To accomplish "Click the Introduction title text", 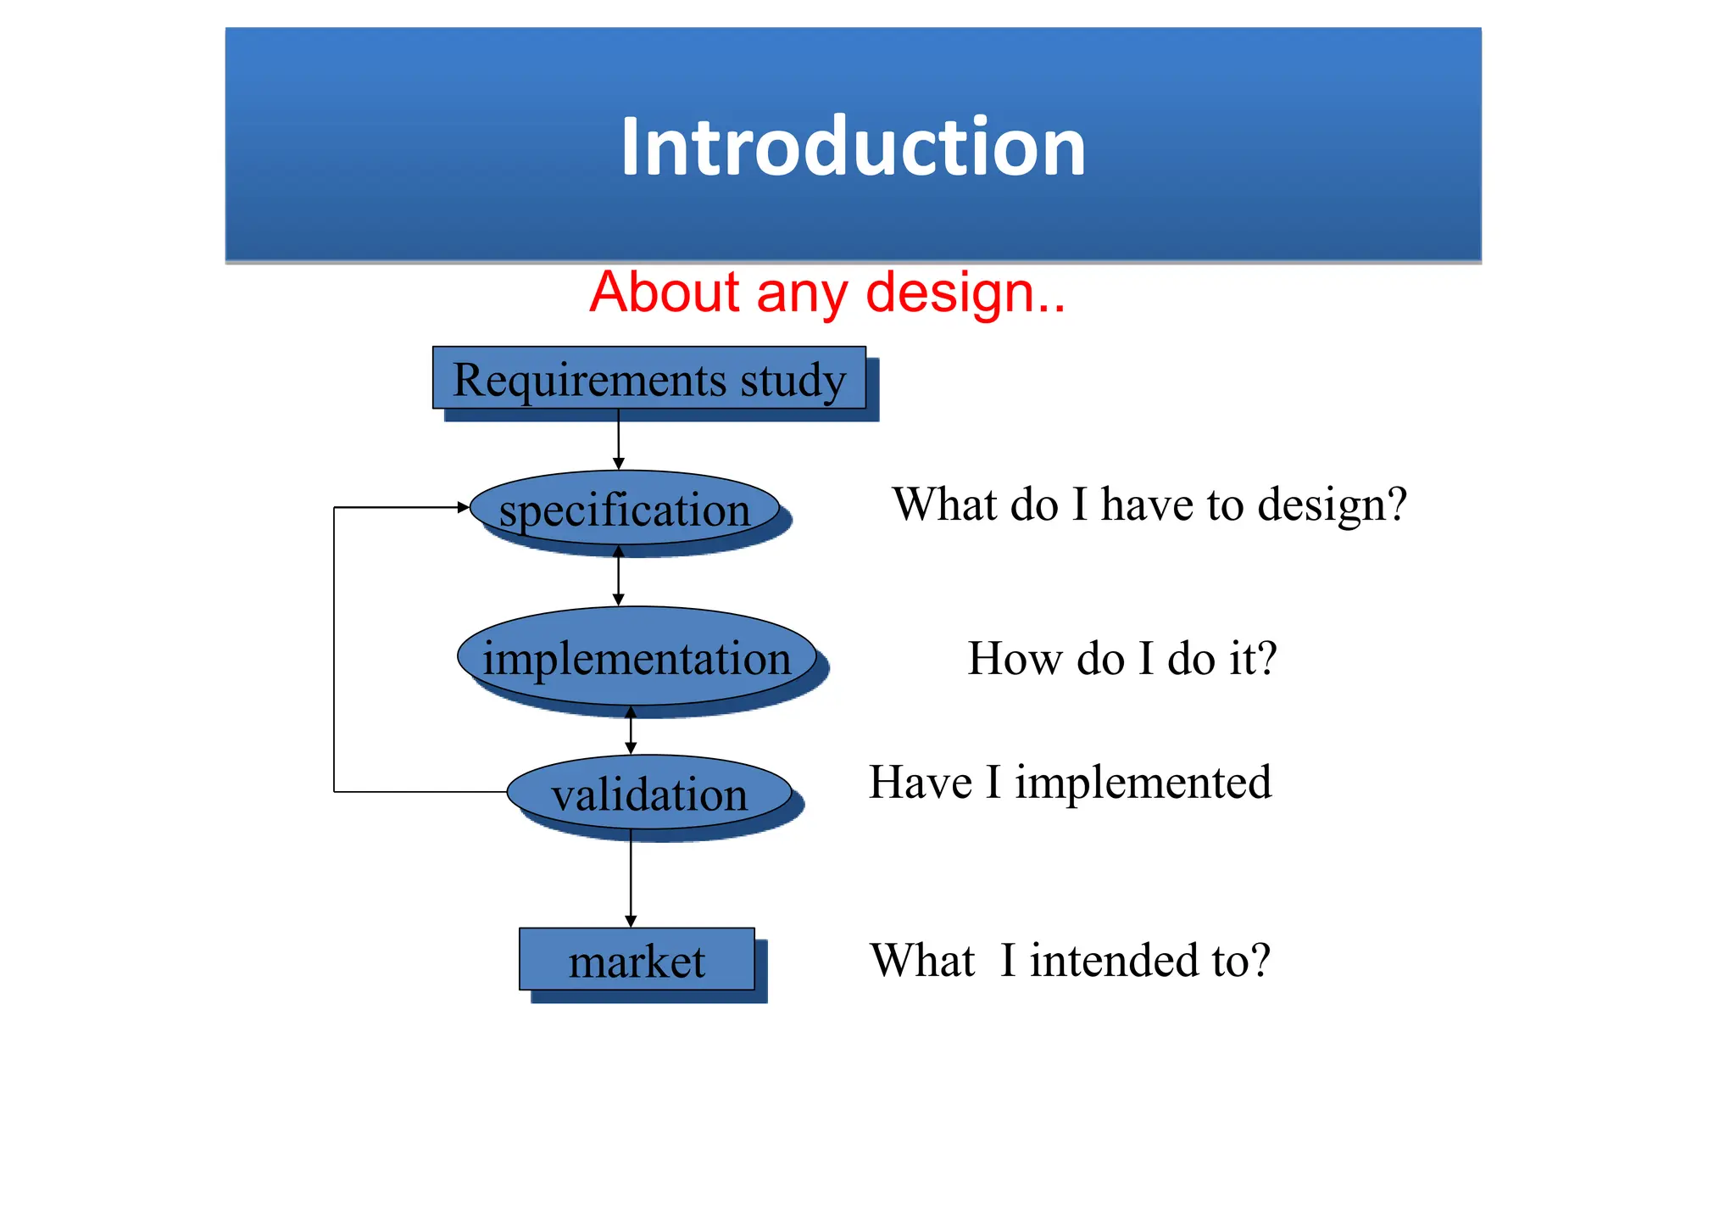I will click(853, 148).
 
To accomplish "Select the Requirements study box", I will click(648, 378).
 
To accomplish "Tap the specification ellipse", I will click(625, 509).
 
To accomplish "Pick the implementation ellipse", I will click(636, 657).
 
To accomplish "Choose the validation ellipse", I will click(649, 794).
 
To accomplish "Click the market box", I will click(637, 960).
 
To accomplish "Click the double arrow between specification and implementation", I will click(619, 577).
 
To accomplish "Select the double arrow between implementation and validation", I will click(631, 730).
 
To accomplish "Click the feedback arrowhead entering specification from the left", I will click(463, 507).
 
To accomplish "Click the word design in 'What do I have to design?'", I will click(1331, 505).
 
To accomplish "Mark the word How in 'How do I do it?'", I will click(1014, 659).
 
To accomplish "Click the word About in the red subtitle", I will click(665, 293).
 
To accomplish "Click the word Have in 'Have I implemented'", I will click(921, 782).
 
